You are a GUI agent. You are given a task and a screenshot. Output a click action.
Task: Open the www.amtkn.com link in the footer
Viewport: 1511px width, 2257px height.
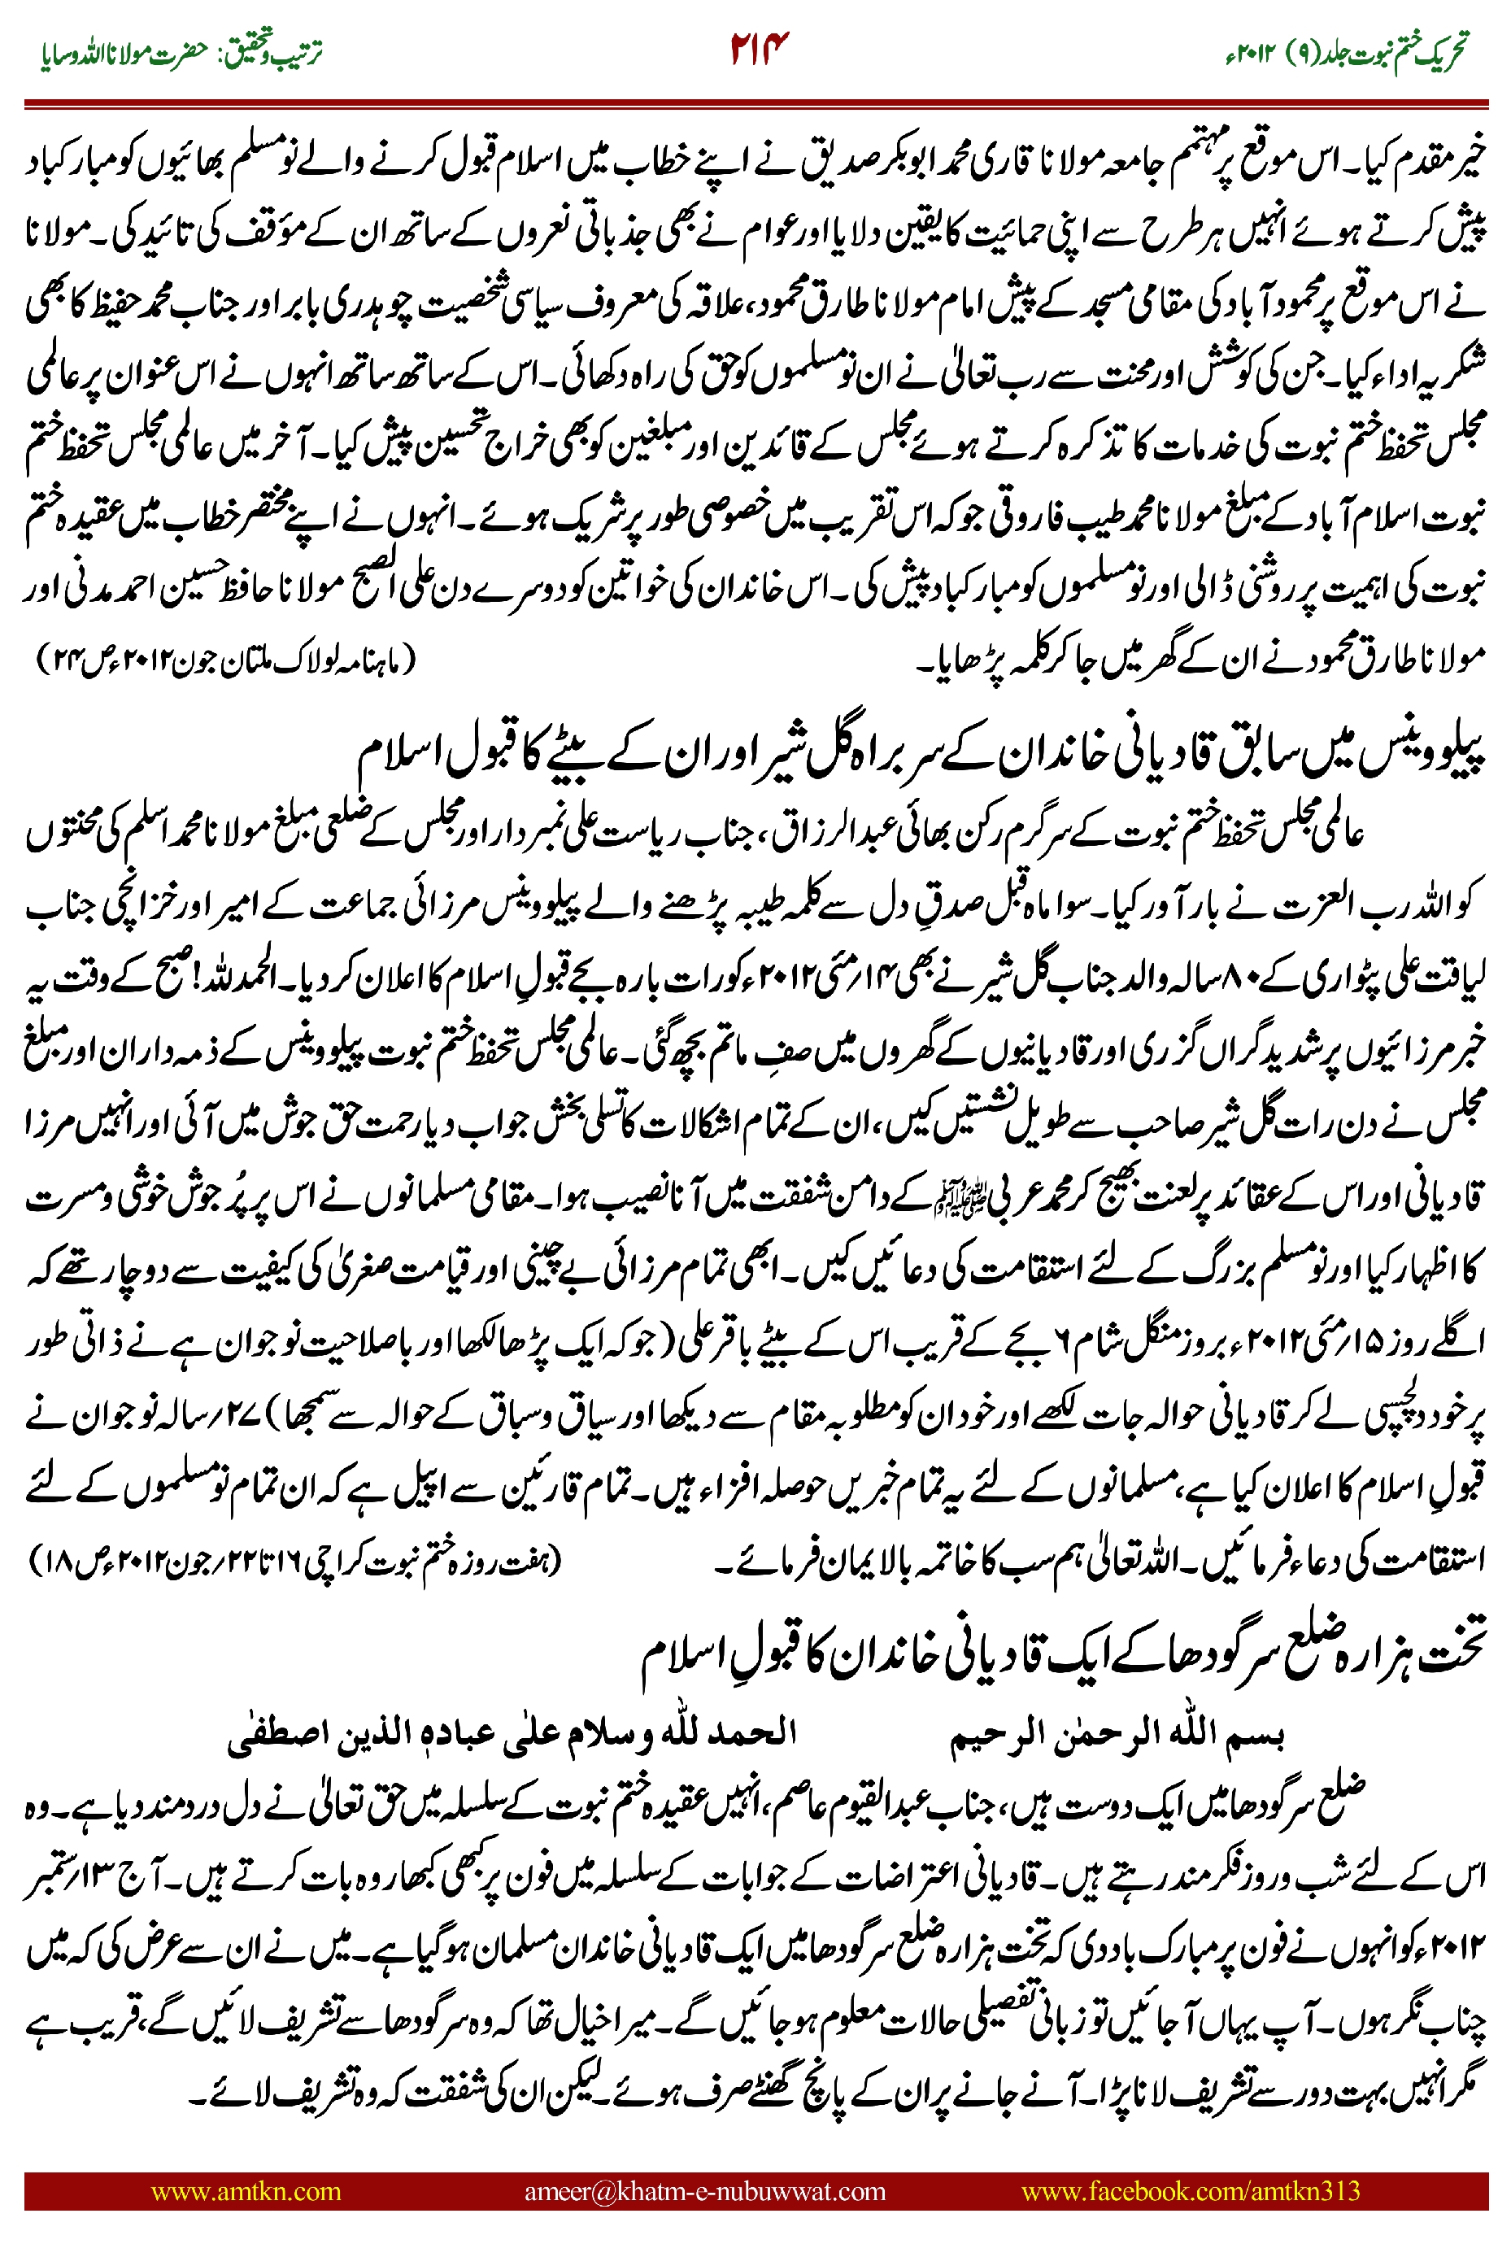click(x=246, y=2191)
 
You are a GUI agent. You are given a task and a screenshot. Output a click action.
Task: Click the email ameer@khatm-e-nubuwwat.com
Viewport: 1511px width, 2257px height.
click(x=704, y=2191)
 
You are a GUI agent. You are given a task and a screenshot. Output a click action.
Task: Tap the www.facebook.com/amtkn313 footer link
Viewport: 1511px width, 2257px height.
click(x=1190, y=2191)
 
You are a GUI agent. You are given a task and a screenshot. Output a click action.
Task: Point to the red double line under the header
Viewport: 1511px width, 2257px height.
click(x=755, y=102)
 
